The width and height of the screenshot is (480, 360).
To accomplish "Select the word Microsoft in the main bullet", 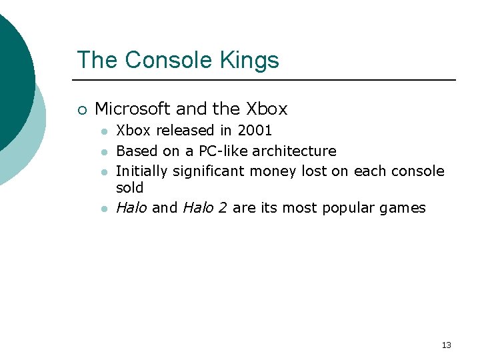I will (x=133, y=109).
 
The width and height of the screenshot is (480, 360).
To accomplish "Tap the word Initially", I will (x=142, y=171).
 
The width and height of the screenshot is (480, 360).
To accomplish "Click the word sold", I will (x=130, y=188).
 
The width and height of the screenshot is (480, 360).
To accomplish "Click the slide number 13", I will (x=446, y=345).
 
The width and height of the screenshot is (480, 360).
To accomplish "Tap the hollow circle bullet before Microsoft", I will (x=81, y=109).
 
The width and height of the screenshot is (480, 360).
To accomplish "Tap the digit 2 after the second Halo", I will (x=221, y=208).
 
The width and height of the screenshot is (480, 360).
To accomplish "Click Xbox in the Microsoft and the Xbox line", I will (x=267, y=109).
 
